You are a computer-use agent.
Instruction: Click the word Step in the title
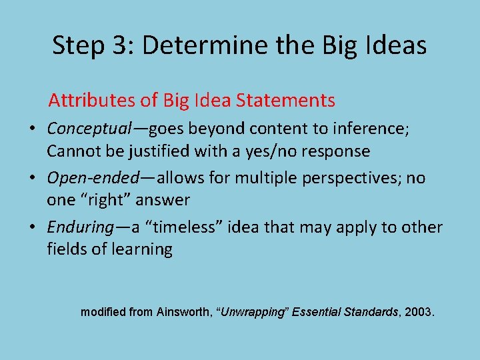pyautogui.click(x=75, y=46)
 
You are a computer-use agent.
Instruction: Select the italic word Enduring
pyautogui.click(x=80, y=227)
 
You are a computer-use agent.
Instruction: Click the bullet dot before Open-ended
pyautogui.click(x=32, y=179)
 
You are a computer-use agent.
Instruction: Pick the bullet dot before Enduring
pyautogui.click(x=32, y=228)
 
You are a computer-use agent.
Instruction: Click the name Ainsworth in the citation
pyautogui.click(x=184, y=311)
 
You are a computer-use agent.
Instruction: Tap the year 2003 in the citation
pyautogui.click(x=417, y=311)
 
